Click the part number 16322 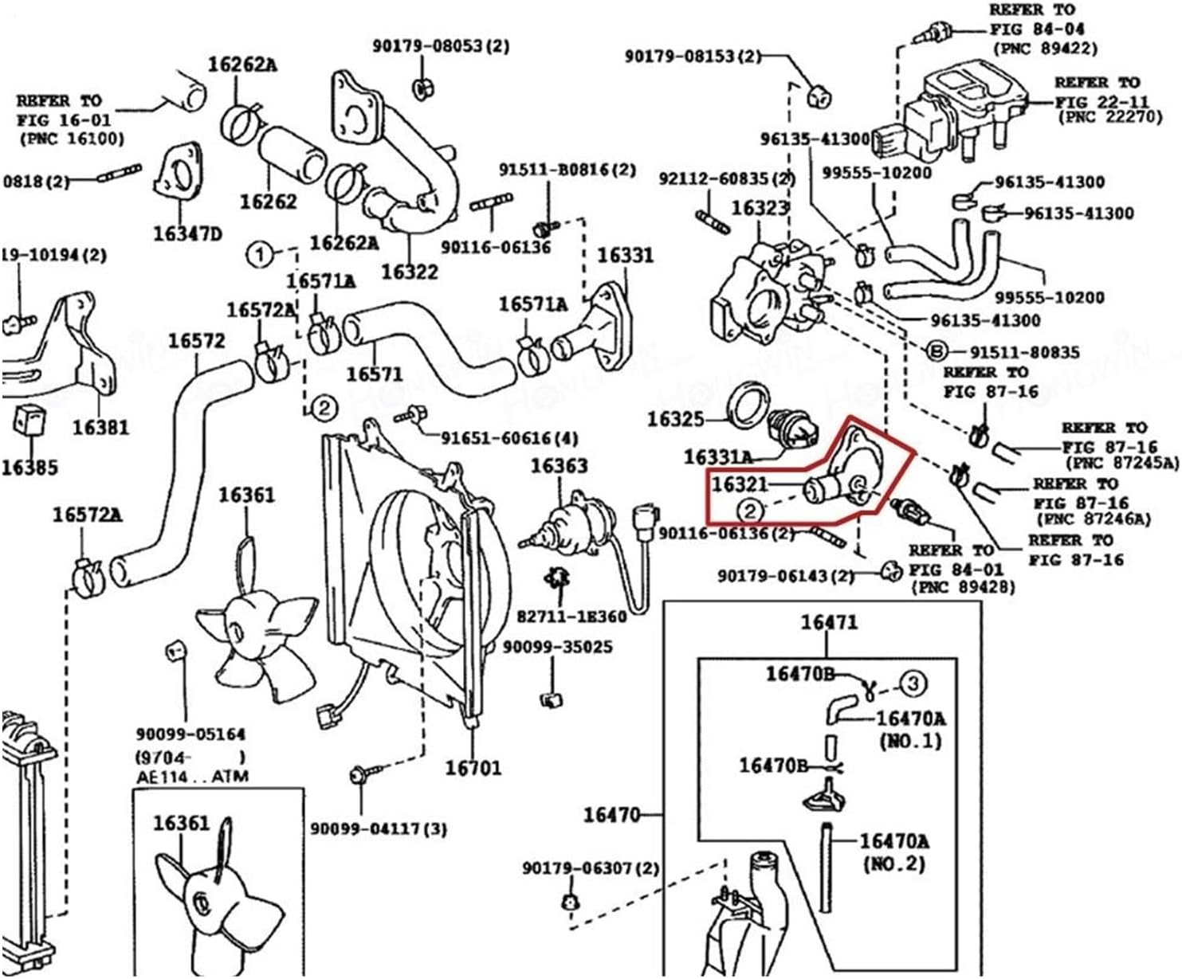[x=410, y=272]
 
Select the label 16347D [x=187, y=233]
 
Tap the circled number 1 [x=259, y=256]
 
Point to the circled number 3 [x=913, y=683]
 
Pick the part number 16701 [x=473, y=768]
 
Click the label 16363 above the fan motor [x=560, y=465]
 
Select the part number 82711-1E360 [x=571, y=616]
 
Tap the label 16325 [x=676, y=419]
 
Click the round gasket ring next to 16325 [x=751, y=405]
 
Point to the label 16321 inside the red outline [x=739, y=484]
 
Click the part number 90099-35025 [x=557, y=647]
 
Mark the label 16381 [x=100, y=428]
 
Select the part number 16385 [x=29, y=468]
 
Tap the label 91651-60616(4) [x=510, y=438]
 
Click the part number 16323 [x=760, y=208]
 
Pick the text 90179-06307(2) [x=591, y=867]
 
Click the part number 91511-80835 [x=1024, y=352]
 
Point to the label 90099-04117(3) [x=379, y=829]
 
